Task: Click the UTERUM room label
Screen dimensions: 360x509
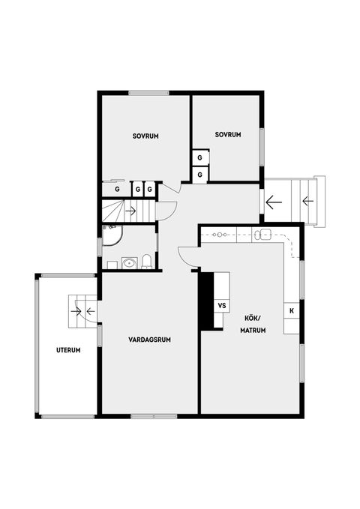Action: pos(68,350)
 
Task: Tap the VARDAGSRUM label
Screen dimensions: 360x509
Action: pos(149,340)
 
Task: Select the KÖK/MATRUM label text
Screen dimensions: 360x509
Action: pos(253,325)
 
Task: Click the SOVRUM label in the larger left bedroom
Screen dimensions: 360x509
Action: pos(145,136)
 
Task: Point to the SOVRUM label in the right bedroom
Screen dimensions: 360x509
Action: pos(228,134)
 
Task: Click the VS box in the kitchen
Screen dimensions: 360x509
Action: pos(222,305)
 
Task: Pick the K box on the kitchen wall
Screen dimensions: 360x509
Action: pos(292,310)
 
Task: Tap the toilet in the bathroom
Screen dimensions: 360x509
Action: pos(147,262)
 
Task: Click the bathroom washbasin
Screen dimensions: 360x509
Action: pos(130,263)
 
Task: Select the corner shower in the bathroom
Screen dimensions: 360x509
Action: pos(112,235)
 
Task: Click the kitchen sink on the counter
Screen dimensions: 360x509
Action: pos(262,234)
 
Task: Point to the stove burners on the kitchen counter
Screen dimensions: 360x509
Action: pos(220,234)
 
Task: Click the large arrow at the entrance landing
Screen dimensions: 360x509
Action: pos(274,202)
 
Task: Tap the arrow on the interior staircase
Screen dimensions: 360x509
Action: pos(130,211)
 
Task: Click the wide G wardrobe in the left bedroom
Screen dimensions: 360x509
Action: pos(116,189)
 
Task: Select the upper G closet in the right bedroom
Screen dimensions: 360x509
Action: pos(200,157)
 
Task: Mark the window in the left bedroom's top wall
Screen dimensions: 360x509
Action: pos(148,93)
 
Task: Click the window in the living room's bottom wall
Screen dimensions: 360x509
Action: pos(154,416)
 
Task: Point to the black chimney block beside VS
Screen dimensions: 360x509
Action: pos(207,301)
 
